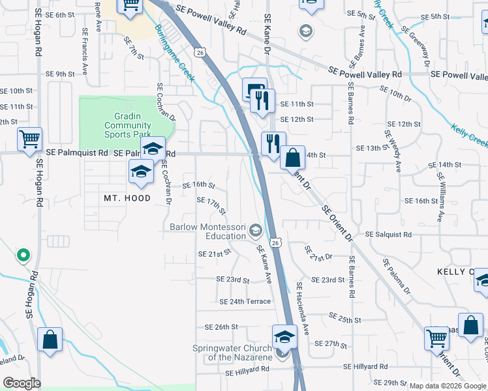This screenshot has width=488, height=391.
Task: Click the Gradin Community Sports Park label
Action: (127, 125)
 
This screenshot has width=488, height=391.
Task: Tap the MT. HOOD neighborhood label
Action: (127, 198)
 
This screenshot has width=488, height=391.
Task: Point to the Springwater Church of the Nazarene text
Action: (233, 353)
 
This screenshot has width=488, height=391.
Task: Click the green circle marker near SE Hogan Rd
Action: (23, 255)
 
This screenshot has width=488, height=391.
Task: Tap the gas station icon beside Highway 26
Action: (253, 89)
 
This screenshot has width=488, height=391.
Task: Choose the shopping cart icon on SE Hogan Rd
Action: (29, 139)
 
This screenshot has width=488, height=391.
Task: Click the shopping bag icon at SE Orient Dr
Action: (293, 157)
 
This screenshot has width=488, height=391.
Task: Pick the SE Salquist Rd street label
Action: (388, 234)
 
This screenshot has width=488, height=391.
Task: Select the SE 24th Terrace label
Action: (245, 302)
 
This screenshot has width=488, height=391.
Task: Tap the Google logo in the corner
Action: (22, 383)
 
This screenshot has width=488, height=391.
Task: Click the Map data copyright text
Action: (448, 386)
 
